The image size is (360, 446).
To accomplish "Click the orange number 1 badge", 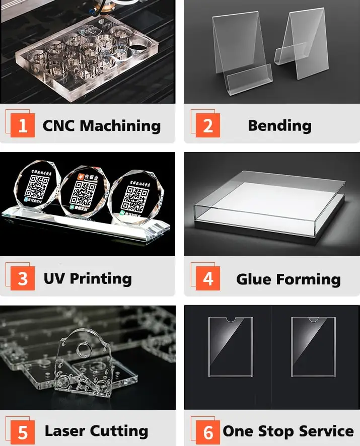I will pos(23,125).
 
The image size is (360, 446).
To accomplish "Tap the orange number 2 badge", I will pos(207,125).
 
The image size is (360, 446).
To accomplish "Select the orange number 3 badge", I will pos(23,278).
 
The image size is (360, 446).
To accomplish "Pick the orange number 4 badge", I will pos(207,278).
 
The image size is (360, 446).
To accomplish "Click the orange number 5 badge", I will pos(23,431).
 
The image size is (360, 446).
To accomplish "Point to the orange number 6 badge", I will pos(207,431).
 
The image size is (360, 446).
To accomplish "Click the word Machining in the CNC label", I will pos(120,125).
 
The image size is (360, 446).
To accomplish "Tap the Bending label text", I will pos(279,125).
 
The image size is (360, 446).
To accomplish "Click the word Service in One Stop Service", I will pos(326,431).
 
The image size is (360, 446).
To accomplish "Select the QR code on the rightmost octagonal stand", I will pos(132,197).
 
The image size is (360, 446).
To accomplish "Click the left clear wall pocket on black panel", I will pos(231,346).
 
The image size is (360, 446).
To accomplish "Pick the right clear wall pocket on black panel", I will pos(313,346).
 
